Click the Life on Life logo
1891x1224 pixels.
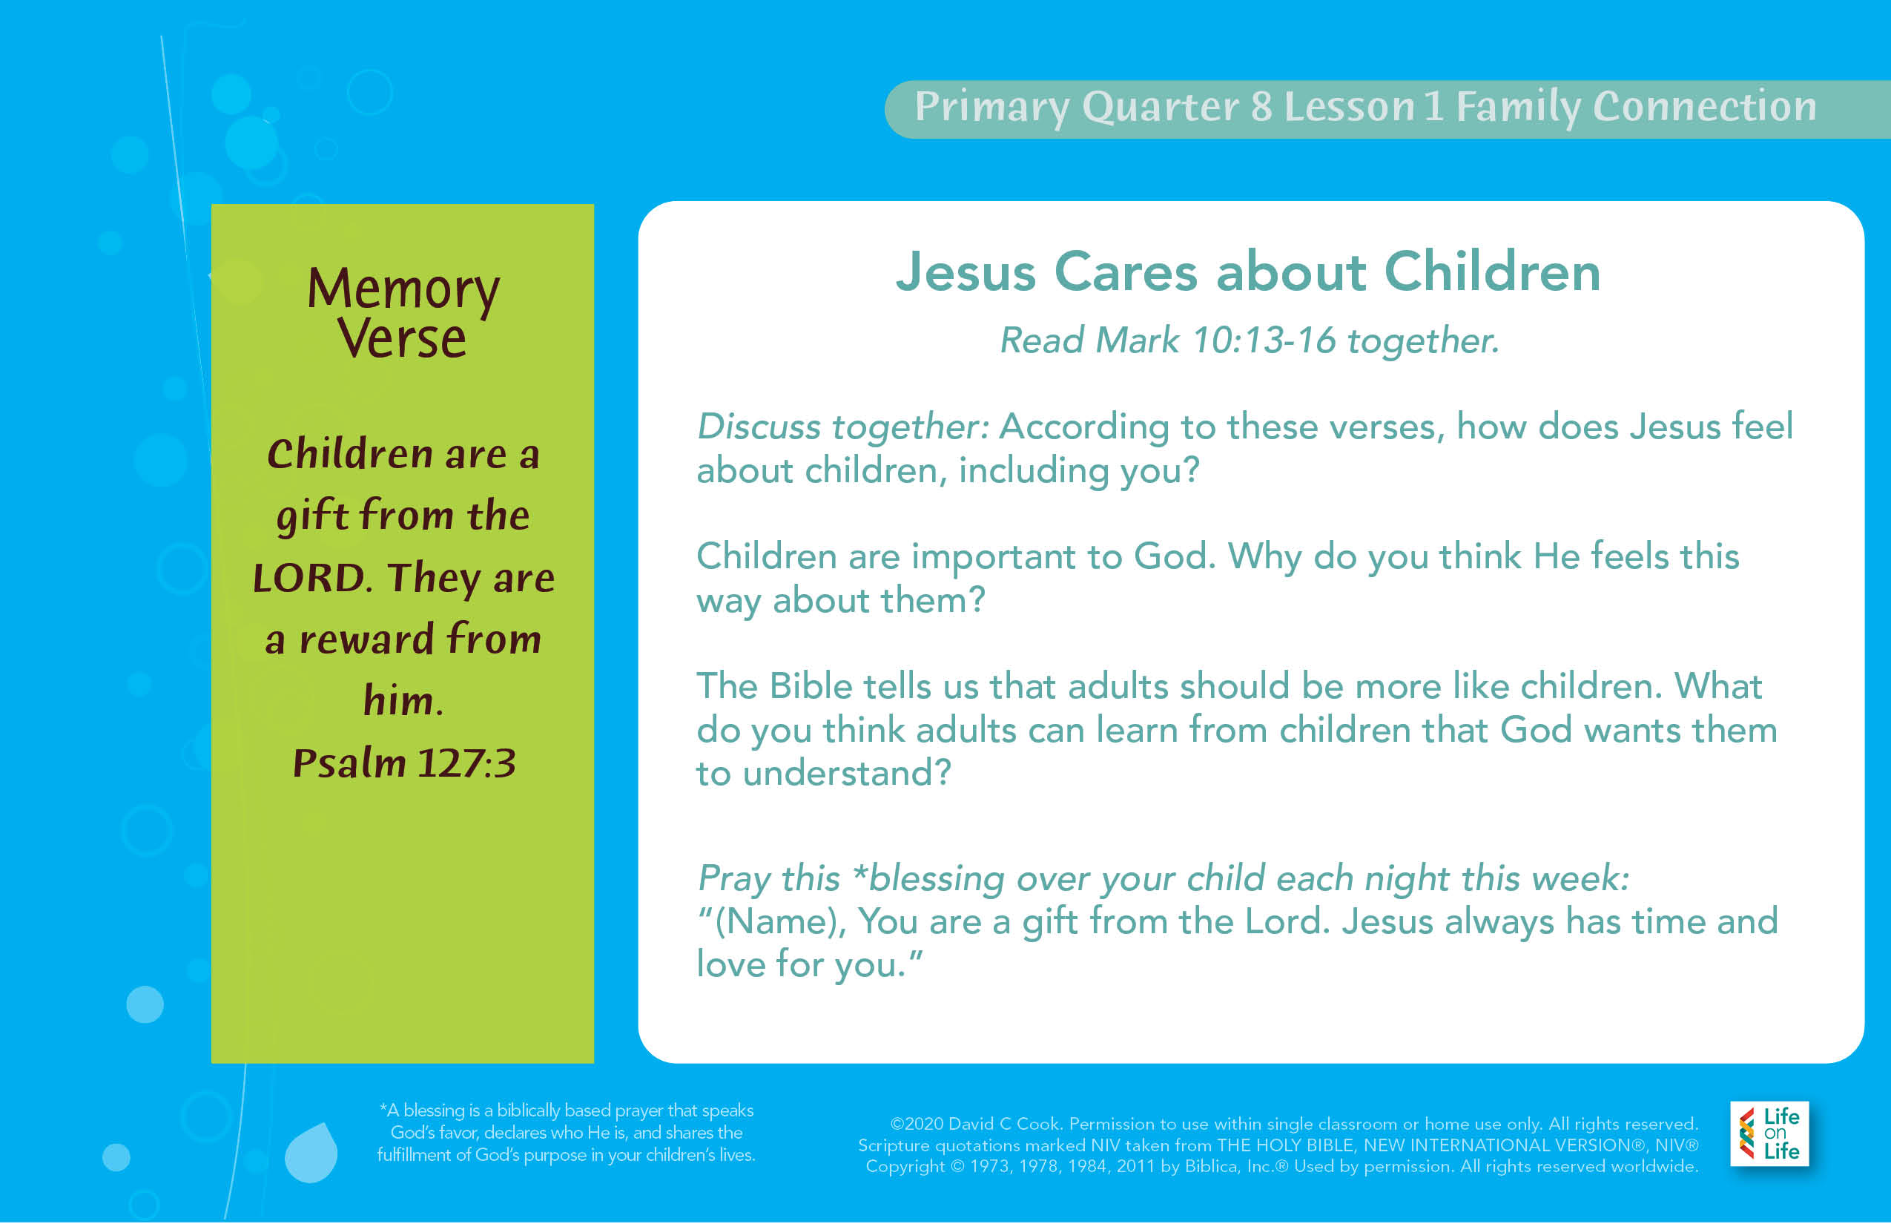[x=1769, y=1133]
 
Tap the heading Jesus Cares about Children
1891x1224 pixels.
[x=1248, y=272]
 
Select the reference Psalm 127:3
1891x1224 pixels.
[x=404, y=763]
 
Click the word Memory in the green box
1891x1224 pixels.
[x=403, y=290]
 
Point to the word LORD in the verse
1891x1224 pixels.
[x=310, y=578]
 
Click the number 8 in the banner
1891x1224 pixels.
[x=1261, y=107]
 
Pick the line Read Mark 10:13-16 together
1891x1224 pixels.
[x=1249, y=341]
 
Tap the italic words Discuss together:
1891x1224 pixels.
[x=843, y=427]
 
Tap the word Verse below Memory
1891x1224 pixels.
[x=402, y=340]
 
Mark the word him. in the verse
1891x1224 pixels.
[x=403, y=700]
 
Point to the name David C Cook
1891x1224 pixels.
[x=1004, y=1124]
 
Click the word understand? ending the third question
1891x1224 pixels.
[x=847, y=772]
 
